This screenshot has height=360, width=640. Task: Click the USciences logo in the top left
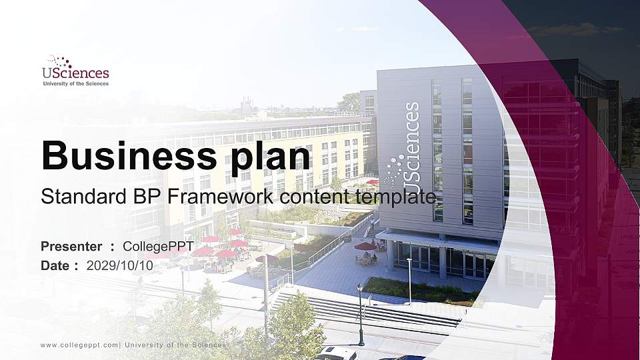point(75,70)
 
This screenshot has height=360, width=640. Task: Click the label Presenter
point(71,247)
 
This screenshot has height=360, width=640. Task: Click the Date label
point(55,265)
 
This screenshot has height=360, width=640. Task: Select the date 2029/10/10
point(120,265)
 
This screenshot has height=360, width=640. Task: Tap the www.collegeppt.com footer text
point(80,345)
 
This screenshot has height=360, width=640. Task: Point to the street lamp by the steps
point(360,313)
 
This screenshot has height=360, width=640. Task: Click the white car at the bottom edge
point(337,353)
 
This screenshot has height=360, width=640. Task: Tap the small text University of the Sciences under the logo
point(75,84)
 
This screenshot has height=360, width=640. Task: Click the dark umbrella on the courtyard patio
point(365,247)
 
